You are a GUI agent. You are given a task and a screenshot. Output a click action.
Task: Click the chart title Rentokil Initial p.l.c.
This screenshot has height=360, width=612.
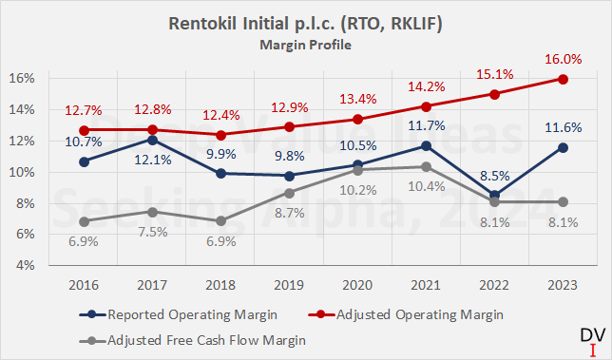click(305, 23)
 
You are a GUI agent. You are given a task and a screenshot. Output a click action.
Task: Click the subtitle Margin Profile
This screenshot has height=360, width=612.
click(305, 43)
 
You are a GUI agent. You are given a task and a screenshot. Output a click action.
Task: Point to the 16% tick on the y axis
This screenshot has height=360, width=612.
click(22, 78)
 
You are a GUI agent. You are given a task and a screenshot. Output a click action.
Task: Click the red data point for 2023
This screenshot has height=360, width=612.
click(563, 78)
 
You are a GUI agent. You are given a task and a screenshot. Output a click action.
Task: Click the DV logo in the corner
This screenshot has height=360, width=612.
click(589, 337)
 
